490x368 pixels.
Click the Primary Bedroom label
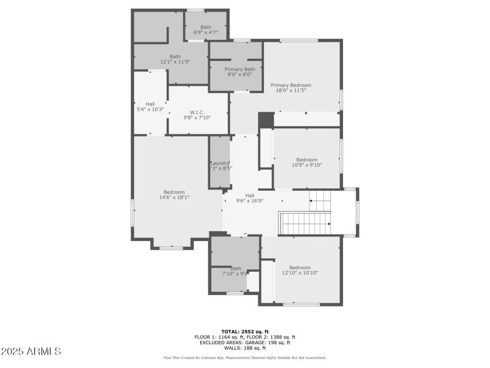pyautogui.click(x=291, y=85)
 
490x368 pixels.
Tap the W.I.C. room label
pyautogui.click(x=197, y=112)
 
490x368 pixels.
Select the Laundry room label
pyautogui.click(x=219, y=163)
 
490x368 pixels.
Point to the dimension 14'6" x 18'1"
pyautogui.click(x=174, y=197)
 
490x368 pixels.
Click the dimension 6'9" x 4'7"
pyautogui.click(x=206, y=32)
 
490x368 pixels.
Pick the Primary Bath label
pyautogui.click(x=235, y=69)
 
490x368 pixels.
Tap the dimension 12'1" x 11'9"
pyautogui.click(x=175, y=62)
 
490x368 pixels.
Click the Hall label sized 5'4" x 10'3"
pyautogui.click(x=150, y=104)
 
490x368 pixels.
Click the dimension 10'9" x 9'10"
pyautogui.click(x=307, y=164)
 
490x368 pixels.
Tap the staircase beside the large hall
pyautogui.click(x=305, y=223)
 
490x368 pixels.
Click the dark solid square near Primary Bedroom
pyautogui.click(x=266, y=120)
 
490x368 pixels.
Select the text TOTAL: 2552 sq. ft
pyautogui.click(x=245, y=331)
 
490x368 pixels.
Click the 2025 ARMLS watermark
pyautogui.click(x=31, y=351)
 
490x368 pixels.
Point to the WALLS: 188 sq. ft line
pyautogui.click(x=245, y=348)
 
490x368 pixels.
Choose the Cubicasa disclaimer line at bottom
pyautogui.click(x=245, y=358)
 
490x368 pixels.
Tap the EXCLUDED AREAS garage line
pyautogui.click(x=245, y=342)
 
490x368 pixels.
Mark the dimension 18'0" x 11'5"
pyautogui.click(x=291, y=91)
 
